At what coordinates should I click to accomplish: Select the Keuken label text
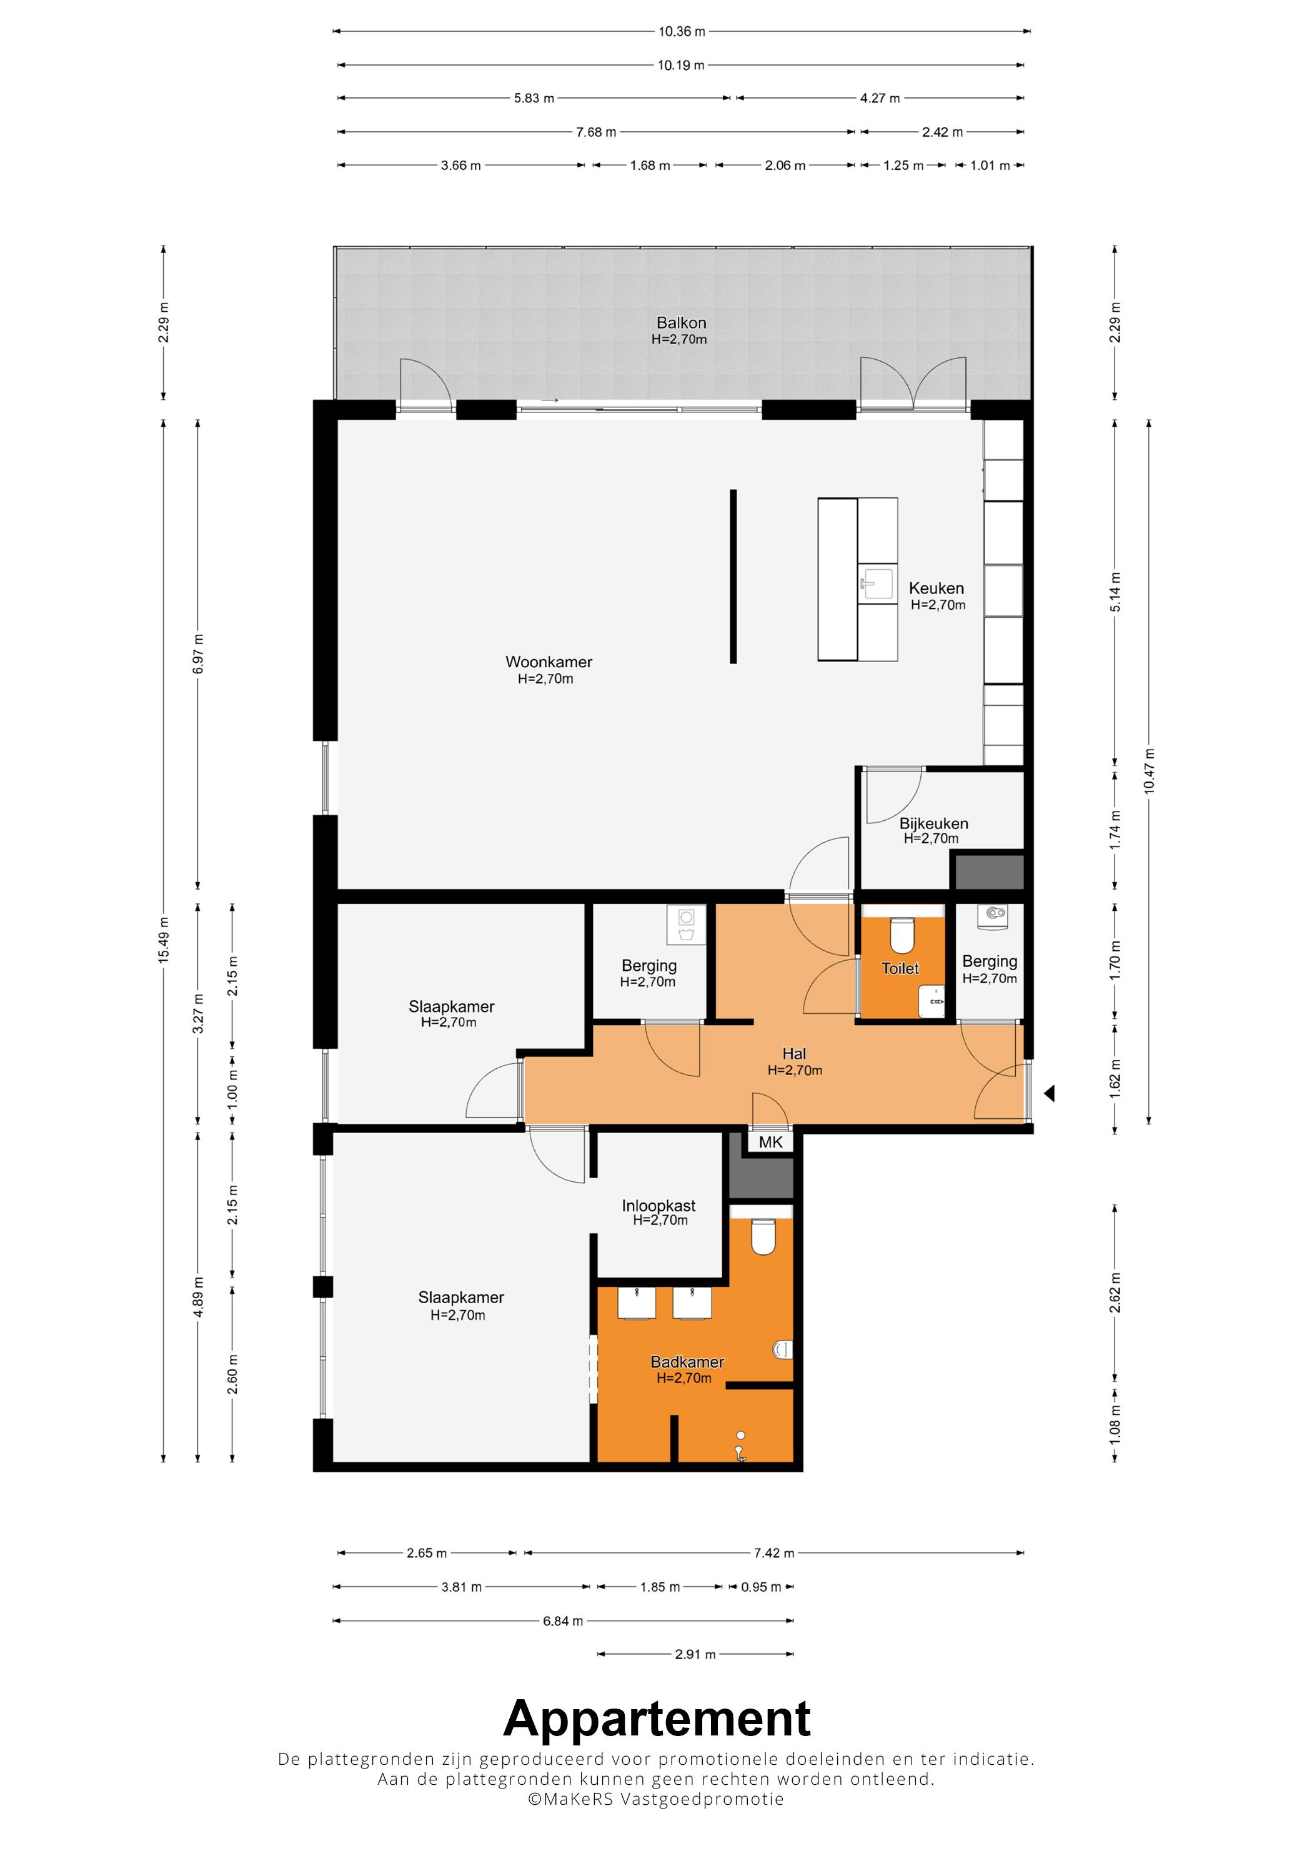[936, 588]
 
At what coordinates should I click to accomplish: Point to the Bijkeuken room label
[933, 823]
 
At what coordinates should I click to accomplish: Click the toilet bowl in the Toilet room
[902, 935]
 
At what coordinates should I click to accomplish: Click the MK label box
[770, 1141]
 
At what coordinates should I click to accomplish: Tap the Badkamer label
[687, 1361]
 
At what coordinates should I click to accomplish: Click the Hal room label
[794, 1053]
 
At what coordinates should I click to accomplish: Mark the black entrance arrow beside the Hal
[1049, 1093]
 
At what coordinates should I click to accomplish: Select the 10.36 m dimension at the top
[682, 31]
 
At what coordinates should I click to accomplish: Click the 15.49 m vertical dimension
[163, 940]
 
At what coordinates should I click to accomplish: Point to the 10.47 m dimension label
[1149, 771]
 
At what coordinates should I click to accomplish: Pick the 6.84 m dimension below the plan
[563, 1620]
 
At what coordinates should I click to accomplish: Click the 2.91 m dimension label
[695, 1654]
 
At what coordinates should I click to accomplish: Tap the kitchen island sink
[878, 583]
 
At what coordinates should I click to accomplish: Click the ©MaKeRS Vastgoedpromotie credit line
[655, 1799]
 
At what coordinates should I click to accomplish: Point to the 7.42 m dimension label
[773, 1553]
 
